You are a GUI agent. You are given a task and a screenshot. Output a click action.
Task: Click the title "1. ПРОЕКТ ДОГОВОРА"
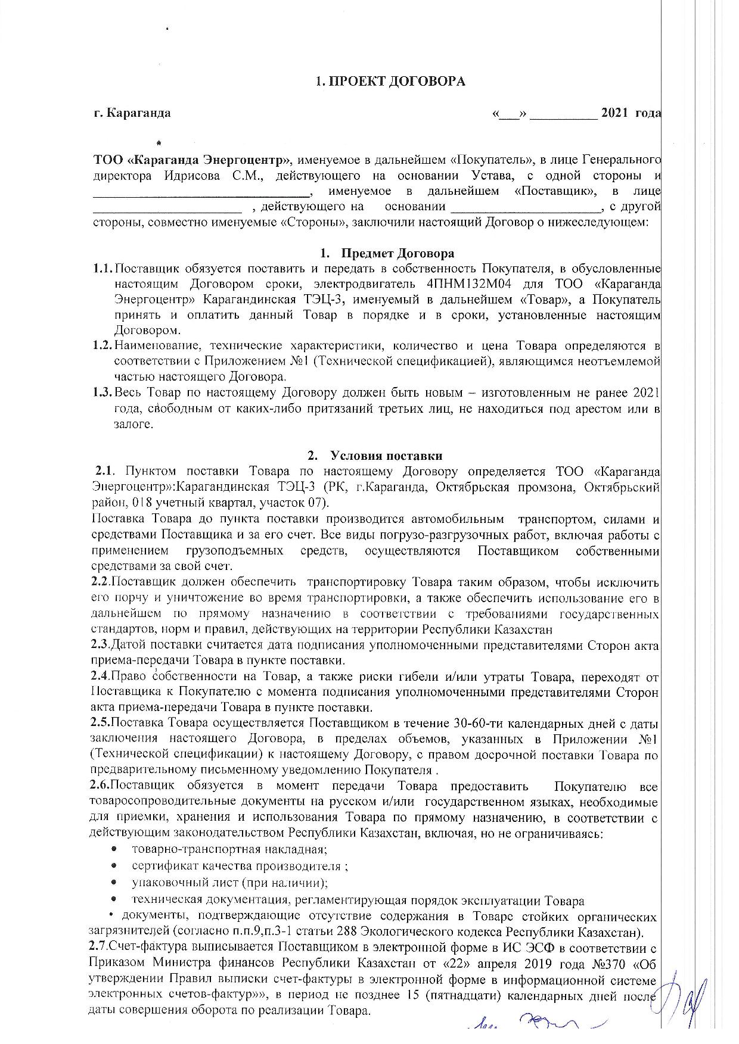pos(390,82)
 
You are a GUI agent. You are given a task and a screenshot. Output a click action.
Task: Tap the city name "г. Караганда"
pos(132,113)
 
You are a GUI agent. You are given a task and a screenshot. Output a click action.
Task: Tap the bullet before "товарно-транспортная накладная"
pos(113,849)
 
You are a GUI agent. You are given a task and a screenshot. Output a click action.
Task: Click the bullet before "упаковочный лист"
pos(113,883)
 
